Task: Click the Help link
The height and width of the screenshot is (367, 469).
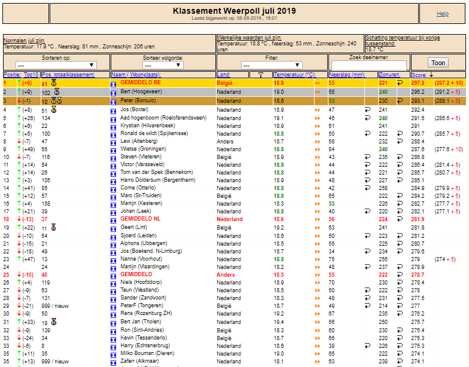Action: (x=443, y=14)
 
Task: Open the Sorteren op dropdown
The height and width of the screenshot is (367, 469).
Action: (x=56, y=65)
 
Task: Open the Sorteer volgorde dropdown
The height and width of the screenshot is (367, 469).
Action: (x=163, y=65)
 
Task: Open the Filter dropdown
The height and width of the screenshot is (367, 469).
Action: (x=272, y=65)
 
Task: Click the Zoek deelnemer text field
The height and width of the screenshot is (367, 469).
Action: (x=368, y=65)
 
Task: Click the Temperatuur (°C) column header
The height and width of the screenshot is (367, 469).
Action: (x=294, y=75)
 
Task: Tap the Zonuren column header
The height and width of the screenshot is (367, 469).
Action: (x=389, y=75)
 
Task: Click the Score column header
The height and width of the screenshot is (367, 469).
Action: (x=419, y=75)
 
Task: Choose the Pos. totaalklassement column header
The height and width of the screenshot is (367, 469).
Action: (x=68, y=75)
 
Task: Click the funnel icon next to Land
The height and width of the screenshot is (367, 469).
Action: (x=261, y=75)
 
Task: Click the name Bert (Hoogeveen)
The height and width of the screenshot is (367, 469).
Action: (x=141, y=91)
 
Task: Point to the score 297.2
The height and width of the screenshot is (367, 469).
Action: (x=418, y=83)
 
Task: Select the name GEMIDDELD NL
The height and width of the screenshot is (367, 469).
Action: (x=140, y=219)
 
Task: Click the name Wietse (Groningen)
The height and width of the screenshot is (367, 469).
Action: (x=144, y=149)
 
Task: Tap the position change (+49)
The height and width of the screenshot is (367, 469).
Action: (x=29, y=149)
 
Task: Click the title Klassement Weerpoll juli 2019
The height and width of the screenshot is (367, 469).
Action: (x=234, y=11)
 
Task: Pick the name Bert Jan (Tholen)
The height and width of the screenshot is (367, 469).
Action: (x=141, y=322)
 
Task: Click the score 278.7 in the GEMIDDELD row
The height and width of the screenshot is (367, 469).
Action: (x=418, y=275)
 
